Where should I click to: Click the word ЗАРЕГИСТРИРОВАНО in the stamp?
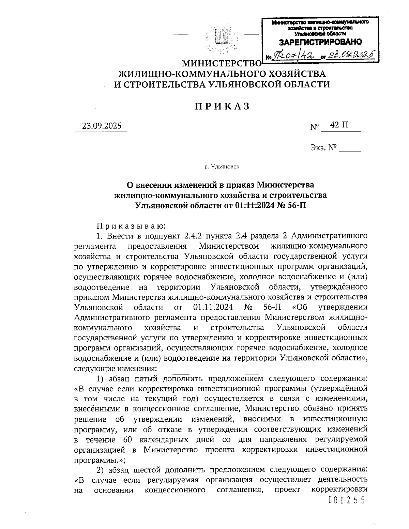320,42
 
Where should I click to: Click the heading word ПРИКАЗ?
222,107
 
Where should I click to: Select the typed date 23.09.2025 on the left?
102,126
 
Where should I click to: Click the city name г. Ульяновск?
222,167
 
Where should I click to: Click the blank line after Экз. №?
350,149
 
